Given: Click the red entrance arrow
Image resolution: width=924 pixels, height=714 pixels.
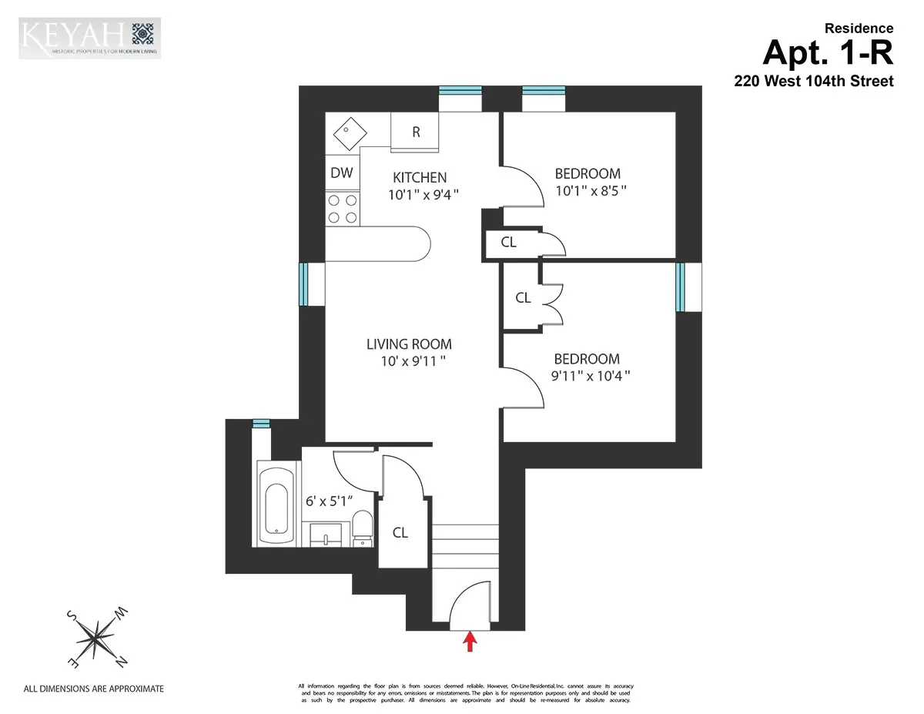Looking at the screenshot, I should click(x=468, y=641).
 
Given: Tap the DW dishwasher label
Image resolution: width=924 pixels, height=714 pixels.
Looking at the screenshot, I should click(x=342, y=173).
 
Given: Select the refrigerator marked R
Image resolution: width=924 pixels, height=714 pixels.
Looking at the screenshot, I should click(x=416, y=132).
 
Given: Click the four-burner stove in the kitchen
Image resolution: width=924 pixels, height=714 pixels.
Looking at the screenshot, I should click(x=343, y=208).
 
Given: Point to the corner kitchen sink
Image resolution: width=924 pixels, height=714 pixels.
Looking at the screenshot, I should click(x=344, y=133).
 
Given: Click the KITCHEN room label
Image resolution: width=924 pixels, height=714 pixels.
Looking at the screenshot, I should click(x=420, y=177).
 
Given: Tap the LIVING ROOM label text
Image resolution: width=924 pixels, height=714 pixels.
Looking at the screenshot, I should click(x=409, y=344).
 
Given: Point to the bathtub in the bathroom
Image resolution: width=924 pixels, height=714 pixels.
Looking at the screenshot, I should click(x=276, y=501).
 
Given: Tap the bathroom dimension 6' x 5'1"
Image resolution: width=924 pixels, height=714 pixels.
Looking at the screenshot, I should click(x=329, y=500).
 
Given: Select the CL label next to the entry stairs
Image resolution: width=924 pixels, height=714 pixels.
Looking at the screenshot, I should click(x=400, y=532).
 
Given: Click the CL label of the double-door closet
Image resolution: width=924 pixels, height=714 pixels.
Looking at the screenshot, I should click(x=523, y=297).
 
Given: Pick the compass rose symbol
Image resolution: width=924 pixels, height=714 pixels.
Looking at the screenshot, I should click(x=97, y=637).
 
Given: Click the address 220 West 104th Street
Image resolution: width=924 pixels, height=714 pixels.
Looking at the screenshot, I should click(x=814, y=81).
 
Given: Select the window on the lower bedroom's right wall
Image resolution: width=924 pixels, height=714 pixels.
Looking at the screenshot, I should click(x=680, y=287).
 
